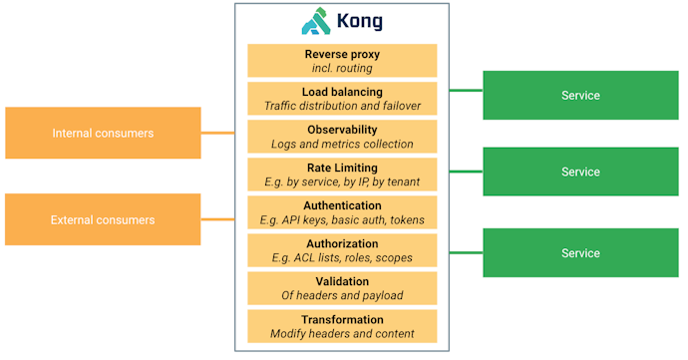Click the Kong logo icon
tap(315, 22)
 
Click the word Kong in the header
tap(360, 22)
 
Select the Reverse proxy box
tap(342, 61)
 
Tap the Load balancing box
tap(342, 99)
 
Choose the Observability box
tap(342, 137)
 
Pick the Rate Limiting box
tap(342, 175)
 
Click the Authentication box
tap(342, 212)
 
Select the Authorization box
tap(342, 250)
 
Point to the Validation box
tap(342, 288)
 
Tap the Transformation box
tap(342, 326)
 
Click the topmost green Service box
tap(580, 96)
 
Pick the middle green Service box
tap(580, 172)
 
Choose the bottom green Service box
tap(580, 252)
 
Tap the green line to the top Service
tap(466, 91)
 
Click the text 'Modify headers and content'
tap(342, 333)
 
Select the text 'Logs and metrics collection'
tap(342, 144)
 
